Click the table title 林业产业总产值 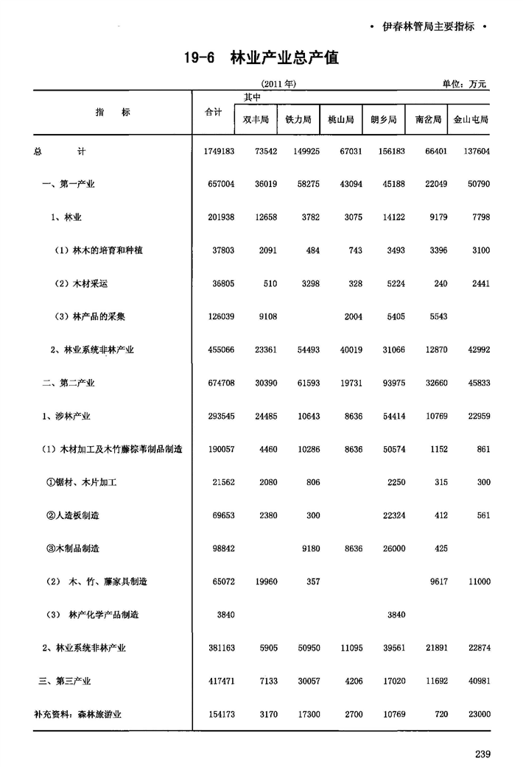pyautogui.click(x=284, y=57)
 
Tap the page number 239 pyautogui.click(x=482, y=753)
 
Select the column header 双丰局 pyautogui.click(x=256, y=119)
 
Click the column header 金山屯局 pyautogui.click(x=471, y=119)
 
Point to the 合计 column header pyautogui.click(x=213, y=112)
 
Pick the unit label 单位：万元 pyautogui.click(x=465, y=85)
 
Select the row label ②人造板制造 pyautogui.click(x=77, y=515)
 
